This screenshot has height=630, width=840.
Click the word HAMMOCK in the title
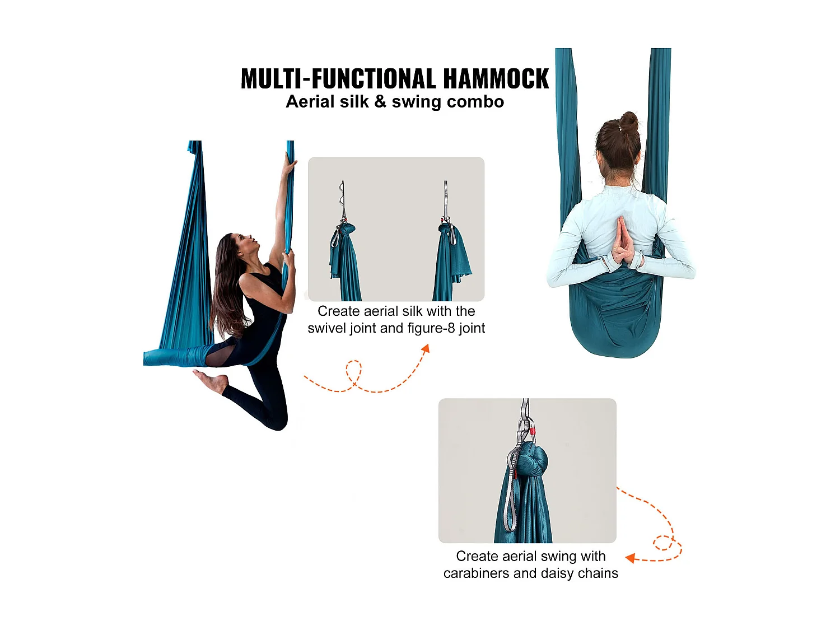tap(496, 78)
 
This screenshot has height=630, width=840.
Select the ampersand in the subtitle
tap(380, 102)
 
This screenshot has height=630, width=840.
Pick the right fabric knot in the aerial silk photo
tap(446, 228)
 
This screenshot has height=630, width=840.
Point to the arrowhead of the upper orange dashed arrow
tap(426, 349)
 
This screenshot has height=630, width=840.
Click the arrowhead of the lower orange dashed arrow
tap(630, 558)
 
